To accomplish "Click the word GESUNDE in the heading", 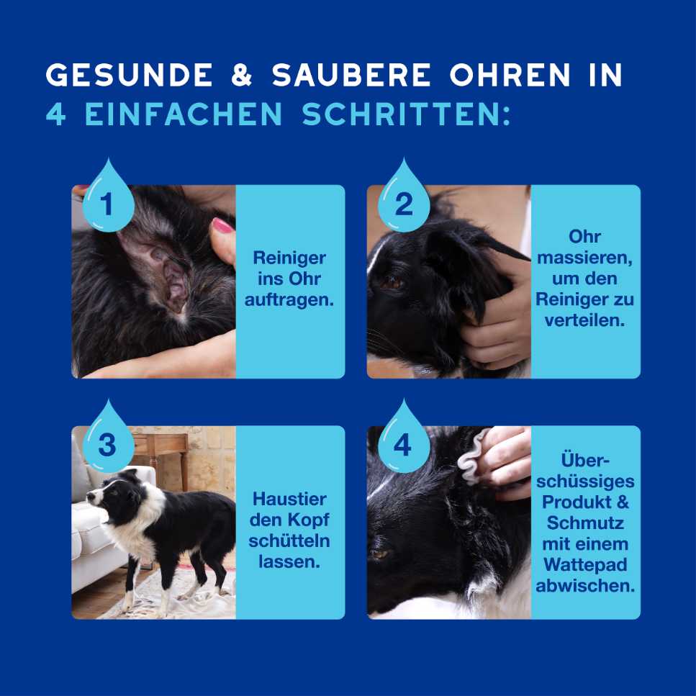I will [130, 75].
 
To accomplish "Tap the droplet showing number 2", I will [404, 202].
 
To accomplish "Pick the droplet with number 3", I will [107, 443].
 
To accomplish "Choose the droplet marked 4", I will [403, 443].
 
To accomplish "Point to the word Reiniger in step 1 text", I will [289, 258].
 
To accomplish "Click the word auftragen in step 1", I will [289, 299].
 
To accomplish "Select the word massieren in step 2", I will [584, 257].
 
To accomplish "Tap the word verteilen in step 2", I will [584, 320].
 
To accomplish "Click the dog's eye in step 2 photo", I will [393, 283].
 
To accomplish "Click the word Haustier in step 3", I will [289, 499].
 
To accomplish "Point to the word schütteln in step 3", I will [289, 541].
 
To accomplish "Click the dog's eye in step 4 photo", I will [379, 553].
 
